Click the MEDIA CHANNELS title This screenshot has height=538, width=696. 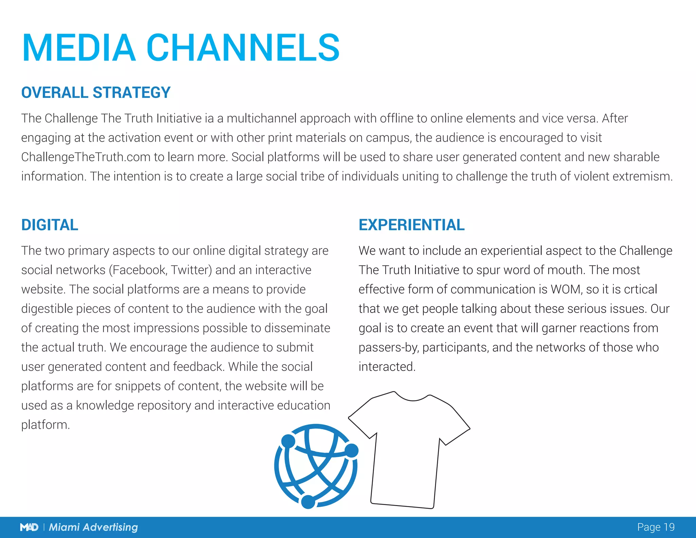[181, 48]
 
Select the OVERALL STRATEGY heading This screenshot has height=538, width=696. [96, 93]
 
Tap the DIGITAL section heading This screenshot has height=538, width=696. [50, 225]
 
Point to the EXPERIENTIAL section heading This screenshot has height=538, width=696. [412, 225]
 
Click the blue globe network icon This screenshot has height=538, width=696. [316, 466]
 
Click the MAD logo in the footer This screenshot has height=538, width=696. [29, 527]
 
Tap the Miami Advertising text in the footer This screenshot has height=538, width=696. [93, 527]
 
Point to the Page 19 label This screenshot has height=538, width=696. [656, 527]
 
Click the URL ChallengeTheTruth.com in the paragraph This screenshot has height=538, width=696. [86, 157]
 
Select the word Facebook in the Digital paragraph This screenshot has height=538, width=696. [139, 270]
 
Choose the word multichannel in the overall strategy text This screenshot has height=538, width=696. [261, 118]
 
